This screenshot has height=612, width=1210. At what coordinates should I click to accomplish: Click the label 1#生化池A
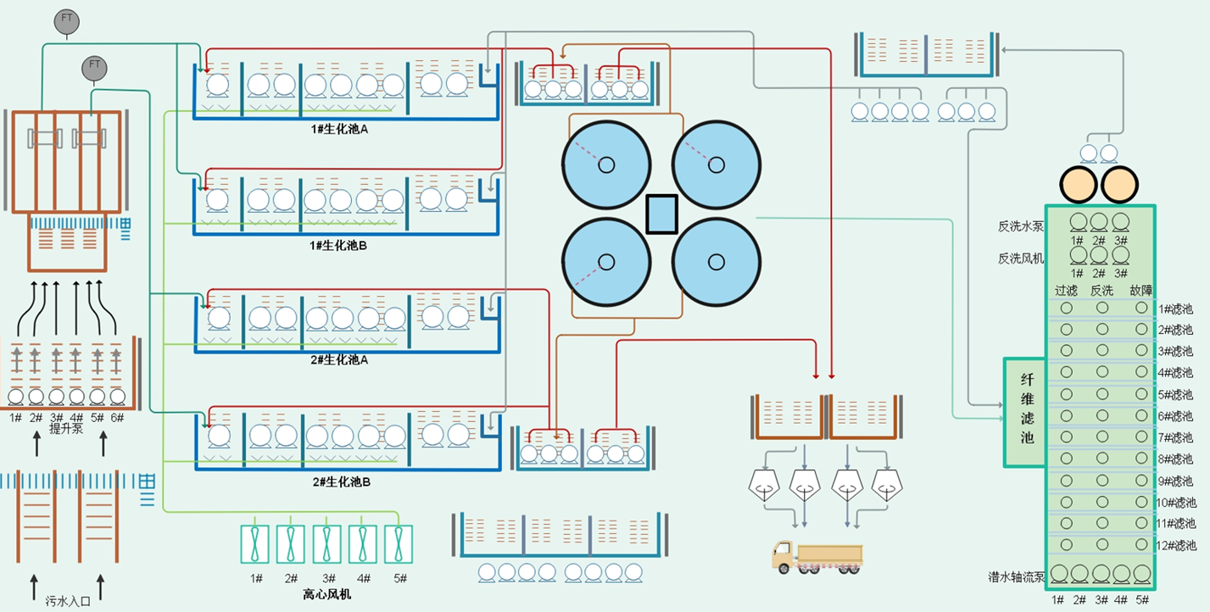click(x=338, y=129)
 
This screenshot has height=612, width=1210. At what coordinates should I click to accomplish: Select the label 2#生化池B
click(x=341, y=481)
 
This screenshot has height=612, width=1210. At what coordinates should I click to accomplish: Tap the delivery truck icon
click(x=817, y=556)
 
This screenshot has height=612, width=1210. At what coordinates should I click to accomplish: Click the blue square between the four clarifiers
click(x=661, y=214)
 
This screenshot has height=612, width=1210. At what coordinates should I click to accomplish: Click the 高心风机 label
click(x=326, y=594)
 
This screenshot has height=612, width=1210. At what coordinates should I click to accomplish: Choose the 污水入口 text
click(x=67, y=601)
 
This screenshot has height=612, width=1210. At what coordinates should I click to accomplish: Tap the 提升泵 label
click(x=65, y=429)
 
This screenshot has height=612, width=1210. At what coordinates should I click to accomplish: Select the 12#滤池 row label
click(x=1176, y=545)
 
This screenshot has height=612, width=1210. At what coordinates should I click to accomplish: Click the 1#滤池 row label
click(x=1176, y=309)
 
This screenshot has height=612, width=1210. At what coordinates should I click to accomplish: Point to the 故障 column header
click(x=1141, y=291)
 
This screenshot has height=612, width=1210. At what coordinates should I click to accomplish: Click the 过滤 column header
click(x=1066, y=291)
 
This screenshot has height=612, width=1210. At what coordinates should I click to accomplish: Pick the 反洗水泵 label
click(x=1021, y=226)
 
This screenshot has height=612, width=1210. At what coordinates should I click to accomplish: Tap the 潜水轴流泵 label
click(x=1016, y=576)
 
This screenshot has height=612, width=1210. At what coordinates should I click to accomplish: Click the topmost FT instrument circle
click(x=65, y=22)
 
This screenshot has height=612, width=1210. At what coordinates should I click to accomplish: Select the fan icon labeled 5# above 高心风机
click(x=399, y=544)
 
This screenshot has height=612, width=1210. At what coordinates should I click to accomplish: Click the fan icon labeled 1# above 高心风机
click(x=255, y=544)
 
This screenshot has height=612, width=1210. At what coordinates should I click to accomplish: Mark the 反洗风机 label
click(x=1021, y=258)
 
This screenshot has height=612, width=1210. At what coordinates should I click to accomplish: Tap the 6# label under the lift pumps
click(x=117, y=417)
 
